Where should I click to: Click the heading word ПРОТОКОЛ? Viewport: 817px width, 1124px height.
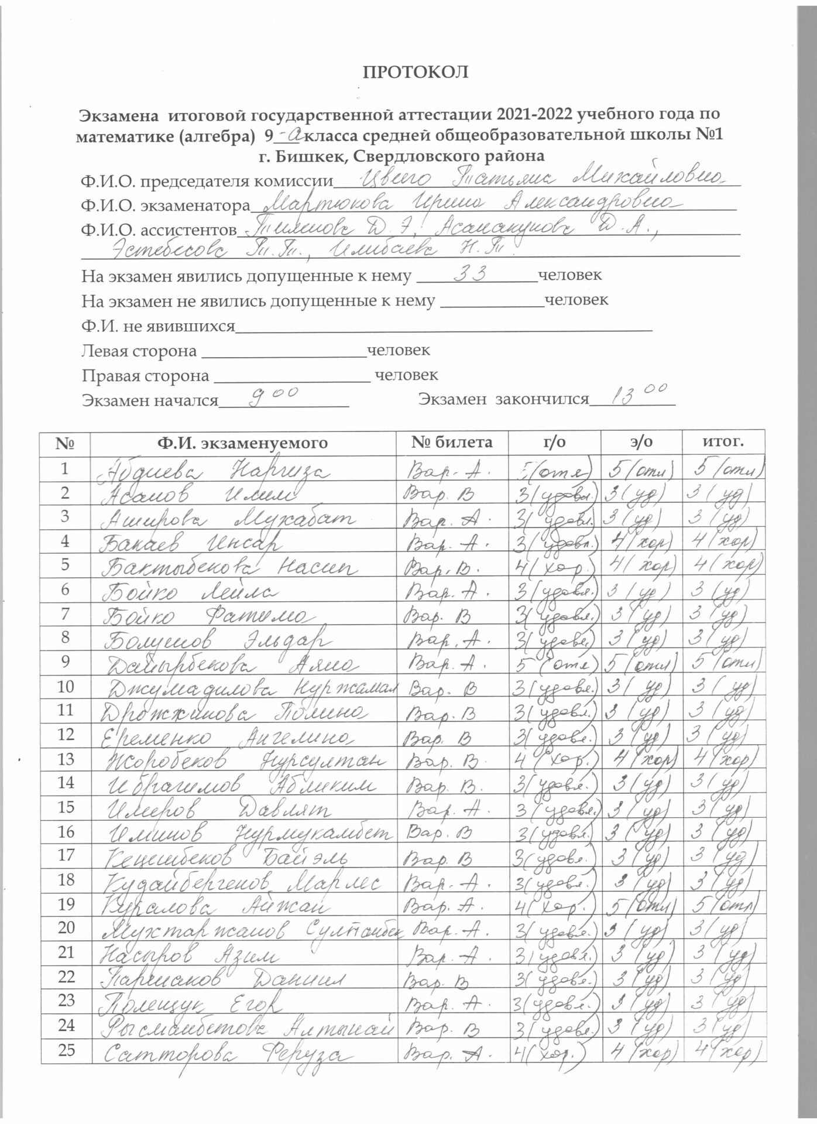click(x=416, y=72)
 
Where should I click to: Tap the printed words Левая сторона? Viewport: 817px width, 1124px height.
click(x=139, y=351)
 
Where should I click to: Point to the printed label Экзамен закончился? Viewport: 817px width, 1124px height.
click(x=503, y=399)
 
